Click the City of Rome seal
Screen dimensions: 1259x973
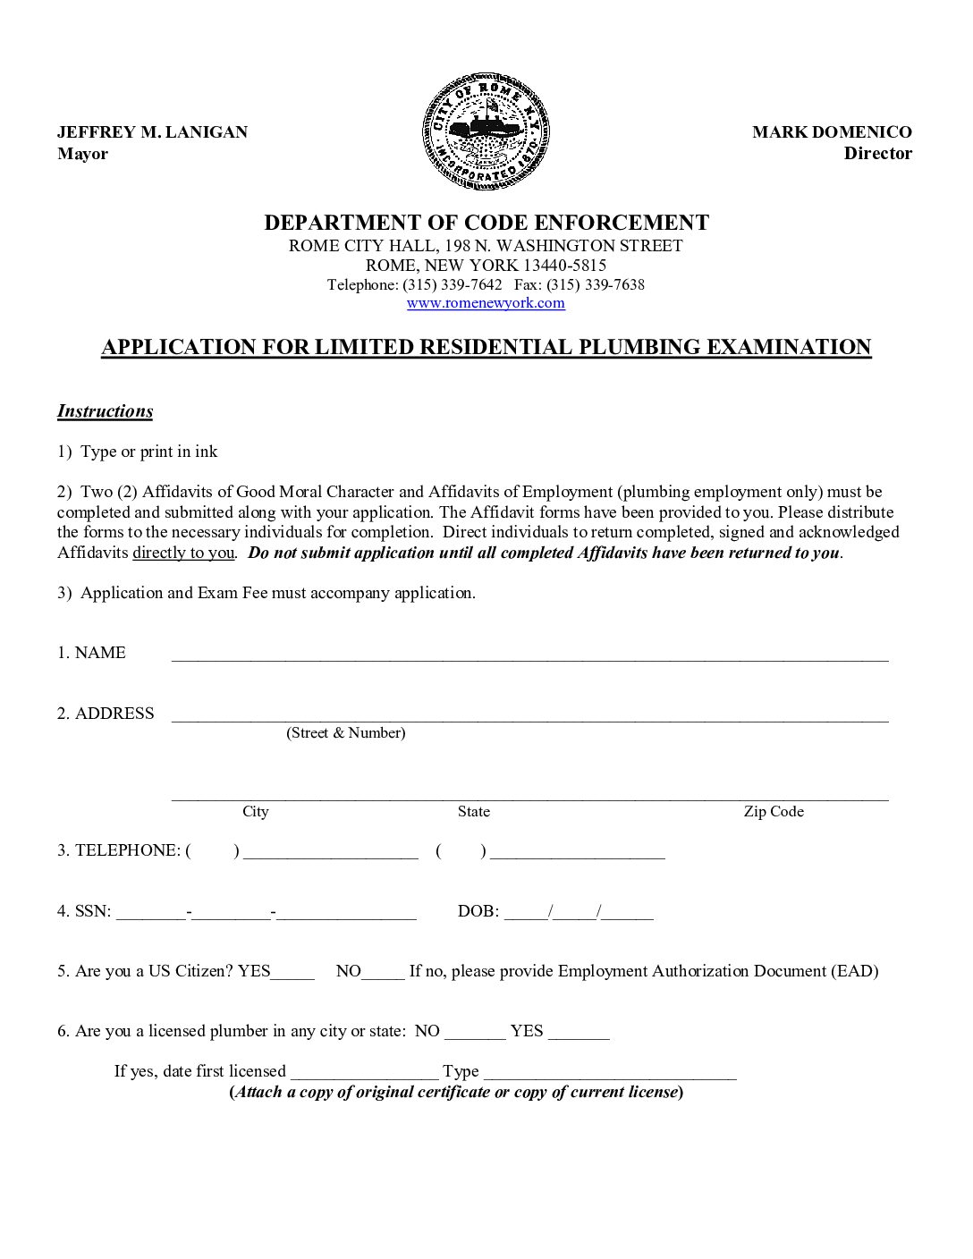[x=486, y=132]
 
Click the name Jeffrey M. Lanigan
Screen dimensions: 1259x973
[x=152, y=132]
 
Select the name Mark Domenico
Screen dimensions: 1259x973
[x=832, y=132]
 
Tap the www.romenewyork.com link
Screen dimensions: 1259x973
[x=486, y=303]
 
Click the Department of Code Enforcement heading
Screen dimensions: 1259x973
[x=486, y=223]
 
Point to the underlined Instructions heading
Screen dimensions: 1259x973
[x=105, y=411]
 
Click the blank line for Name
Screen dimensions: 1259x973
[x=529, y=655]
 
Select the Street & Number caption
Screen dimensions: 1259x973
[x=345, y=733]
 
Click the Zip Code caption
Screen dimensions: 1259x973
[x=774, y=812]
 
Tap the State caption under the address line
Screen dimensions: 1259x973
[x=473, y=812]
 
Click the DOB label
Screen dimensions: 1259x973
[x=478, y=911]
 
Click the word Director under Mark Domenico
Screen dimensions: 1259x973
[x=877, y=154]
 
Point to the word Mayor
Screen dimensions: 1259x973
[x=82, y=154]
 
